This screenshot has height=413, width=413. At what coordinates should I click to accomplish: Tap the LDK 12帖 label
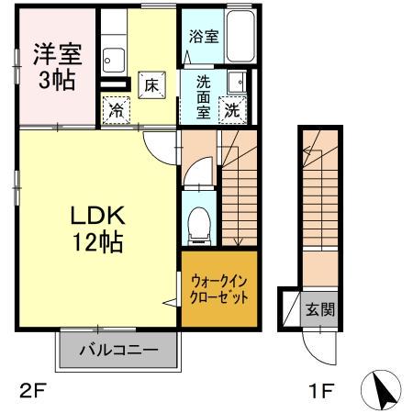tap(98, 229)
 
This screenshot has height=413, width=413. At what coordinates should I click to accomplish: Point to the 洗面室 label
tap(203, 95)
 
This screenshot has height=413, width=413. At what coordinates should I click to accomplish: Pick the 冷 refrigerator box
tap(117, 109)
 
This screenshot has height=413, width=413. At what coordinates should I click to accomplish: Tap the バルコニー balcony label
tap(117, 350)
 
